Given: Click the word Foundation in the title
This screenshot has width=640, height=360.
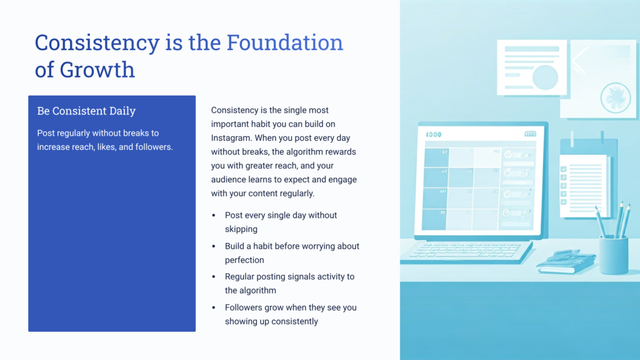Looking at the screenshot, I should coord(284,42).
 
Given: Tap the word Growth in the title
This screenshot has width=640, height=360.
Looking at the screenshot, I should coord(97,69).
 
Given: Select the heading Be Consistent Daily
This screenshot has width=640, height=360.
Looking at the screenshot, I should coord(86,111).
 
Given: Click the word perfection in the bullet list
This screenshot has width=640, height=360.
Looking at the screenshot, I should coord(244,260).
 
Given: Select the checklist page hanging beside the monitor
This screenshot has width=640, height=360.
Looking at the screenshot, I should coord(584,185).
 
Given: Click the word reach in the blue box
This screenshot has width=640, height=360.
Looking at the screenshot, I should coord(94,147).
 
